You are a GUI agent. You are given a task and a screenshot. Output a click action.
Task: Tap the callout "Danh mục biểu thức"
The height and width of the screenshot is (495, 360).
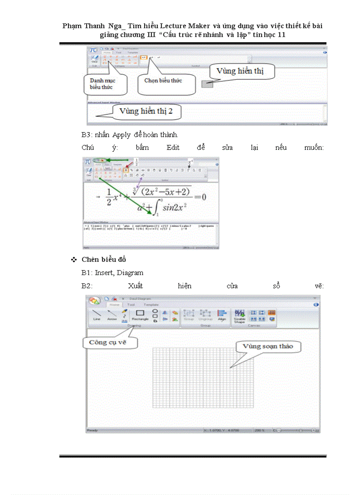pos(105,84)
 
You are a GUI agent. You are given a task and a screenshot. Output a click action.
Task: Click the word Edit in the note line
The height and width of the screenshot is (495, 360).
pos(173,148)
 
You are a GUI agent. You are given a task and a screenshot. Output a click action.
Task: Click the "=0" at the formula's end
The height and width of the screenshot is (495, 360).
pos(201,197)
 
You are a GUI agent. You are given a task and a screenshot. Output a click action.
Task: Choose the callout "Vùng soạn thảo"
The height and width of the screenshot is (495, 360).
pos(267,346)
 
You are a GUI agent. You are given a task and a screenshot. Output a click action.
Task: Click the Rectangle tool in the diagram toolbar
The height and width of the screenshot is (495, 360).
pos(140,315)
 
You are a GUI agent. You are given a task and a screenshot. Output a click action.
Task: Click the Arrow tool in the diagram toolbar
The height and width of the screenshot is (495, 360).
pos(112,315)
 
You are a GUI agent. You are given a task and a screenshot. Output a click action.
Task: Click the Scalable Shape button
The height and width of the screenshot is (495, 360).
pos(240,316)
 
